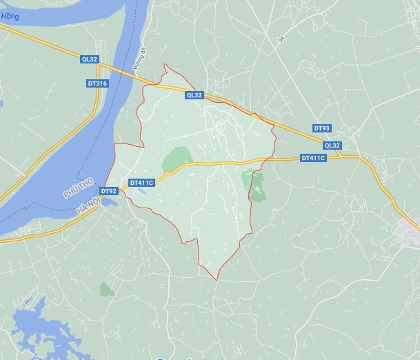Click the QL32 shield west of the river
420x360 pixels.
[x=89, y=60]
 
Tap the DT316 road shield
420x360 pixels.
[x=97, y=83]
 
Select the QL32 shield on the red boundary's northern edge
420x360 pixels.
[x=194, y=96]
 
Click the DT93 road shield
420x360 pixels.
[x=322, y=128]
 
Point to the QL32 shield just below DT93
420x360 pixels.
[x=332, y=146]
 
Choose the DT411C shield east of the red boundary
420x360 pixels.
[x=313, y=158]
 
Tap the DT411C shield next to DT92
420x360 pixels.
[x=141, y=183]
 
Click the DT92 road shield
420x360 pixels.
[x=108, y=191]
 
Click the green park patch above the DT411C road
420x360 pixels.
[x=177, y=159]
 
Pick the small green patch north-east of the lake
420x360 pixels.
[x=106, y=289]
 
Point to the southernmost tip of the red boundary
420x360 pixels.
[x=217, y=280]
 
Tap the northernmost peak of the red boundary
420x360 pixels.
[x=165, y=65]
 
